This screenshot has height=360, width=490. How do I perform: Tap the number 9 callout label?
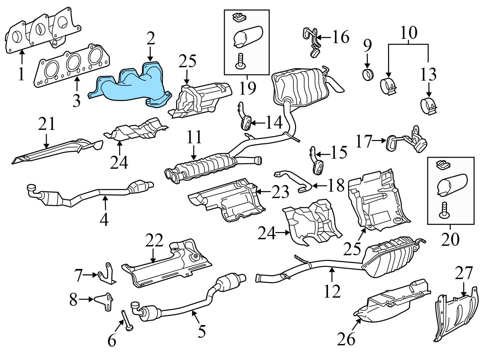click(367, 46)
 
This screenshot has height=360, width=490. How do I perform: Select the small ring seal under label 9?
click(368, 74)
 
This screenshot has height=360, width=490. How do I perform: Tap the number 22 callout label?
click(154, 241)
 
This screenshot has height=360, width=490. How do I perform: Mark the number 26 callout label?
click(347, 339)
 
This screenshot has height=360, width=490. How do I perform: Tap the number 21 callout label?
click(47, 124)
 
